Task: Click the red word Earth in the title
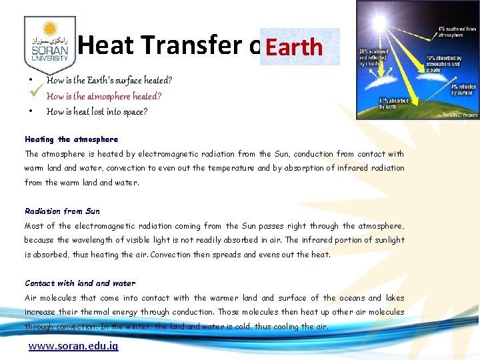click(x=294, y=47)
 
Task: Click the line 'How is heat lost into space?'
click(x=97, y=112)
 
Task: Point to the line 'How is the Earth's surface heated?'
click(x=109, y=81)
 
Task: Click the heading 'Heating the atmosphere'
click(x=71, y=139)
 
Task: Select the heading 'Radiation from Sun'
click(x=62, y=211)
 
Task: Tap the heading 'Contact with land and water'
click(x=80, y=283)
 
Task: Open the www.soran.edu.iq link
click(x=73, y=347)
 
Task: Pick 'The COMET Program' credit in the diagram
click(x=460, y=115)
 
